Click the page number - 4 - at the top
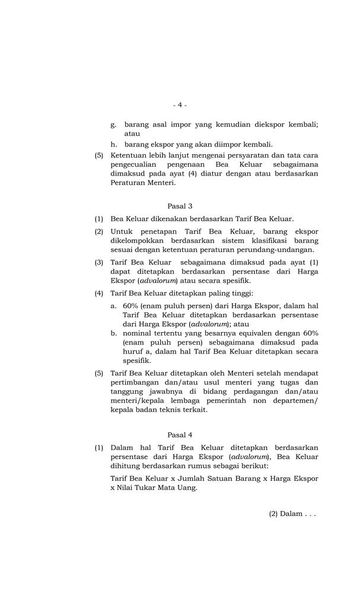point(180,105)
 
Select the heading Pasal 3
point(180,206)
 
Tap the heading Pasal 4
point(180,435)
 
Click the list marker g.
point(113,125)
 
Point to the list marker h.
point(113,144)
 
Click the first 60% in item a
point(132,305)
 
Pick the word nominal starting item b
point(139,333)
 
